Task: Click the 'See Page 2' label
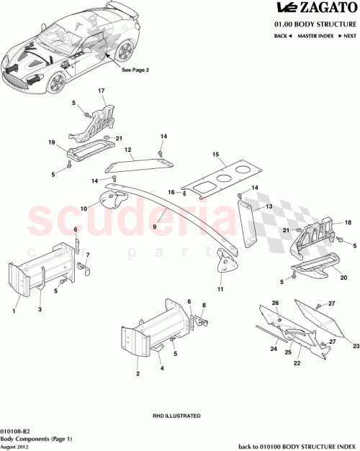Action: (x=135, y=70)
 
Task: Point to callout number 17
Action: (x=102, y=91)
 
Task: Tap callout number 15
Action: (x=215, y=154)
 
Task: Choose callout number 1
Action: (x=14, y=311)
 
